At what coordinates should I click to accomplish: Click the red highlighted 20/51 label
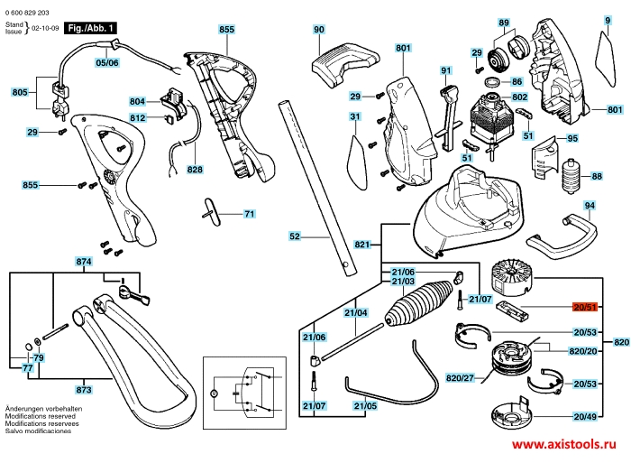(x=585, y=309)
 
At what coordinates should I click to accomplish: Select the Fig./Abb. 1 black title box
(x=89, y=29)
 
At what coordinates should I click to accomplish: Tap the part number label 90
(x=318, y=30)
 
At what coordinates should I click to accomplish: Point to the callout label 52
(x=294, y=236)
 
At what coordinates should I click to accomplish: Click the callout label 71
(x=250, y=214)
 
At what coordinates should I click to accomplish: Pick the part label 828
(x=195, y=169)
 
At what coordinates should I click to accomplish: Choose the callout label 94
(x=590, y=206)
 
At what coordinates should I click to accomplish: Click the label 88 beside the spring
(x=597, y=176)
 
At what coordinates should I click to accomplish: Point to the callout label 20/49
(x=585, y=417)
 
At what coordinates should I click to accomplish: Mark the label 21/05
(x=365, y=406)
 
